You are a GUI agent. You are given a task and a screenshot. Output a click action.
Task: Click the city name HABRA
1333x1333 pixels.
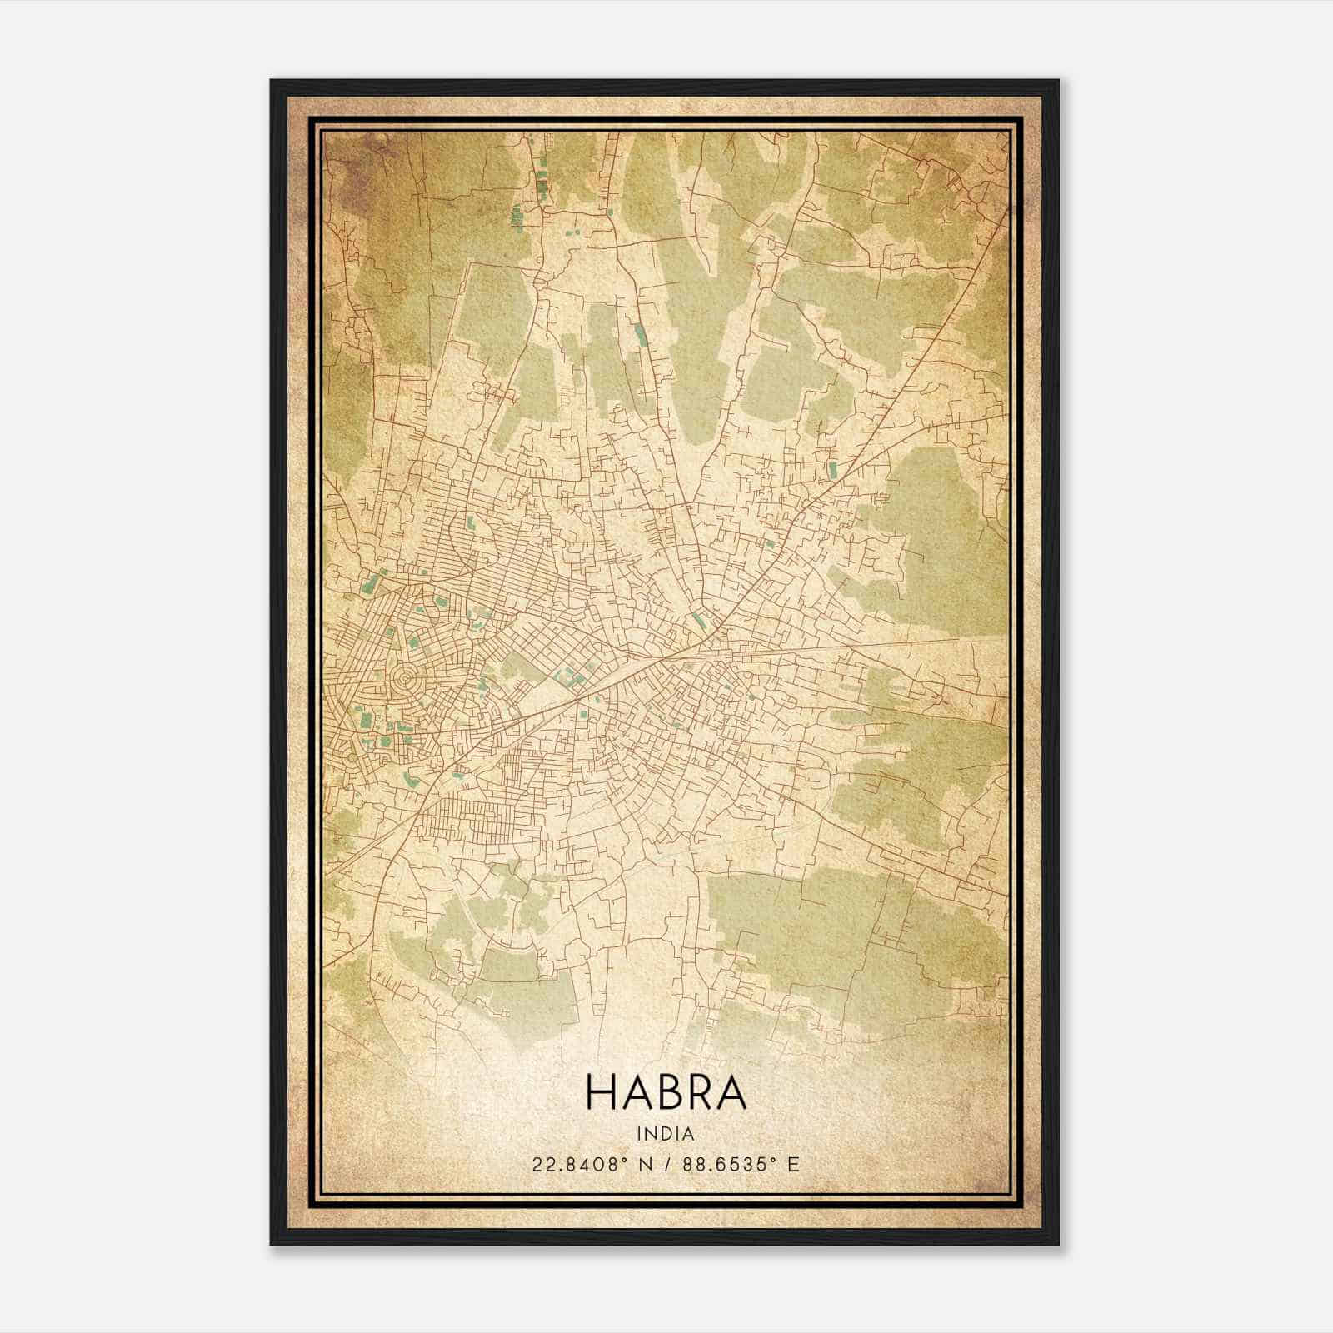666,1091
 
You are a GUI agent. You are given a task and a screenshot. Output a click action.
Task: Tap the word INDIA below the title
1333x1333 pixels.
666,1134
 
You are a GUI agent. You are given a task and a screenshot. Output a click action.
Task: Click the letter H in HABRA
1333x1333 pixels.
602,1091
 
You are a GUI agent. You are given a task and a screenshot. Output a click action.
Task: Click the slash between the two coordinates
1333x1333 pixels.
666,1165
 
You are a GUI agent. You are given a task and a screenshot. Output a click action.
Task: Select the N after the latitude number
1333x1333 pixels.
645,1165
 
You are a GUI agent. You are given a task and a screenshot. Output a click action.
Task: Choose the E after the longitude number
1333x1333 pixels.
794,1165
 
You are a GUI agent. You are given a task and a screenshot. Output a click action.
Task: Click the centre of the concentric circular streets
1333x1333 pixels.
406,681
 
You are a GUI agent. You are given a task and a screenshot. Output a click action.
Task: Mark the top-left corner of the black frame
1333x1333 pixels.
272,81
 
